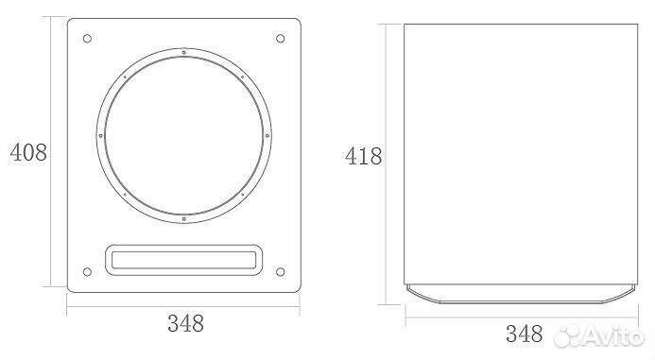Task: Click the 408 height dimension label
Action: pos(28,152)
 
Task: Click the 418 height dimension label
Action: pos(364,157)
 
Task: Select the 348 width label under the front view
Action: pos(186,323)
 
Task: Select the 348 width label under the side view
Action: pos(525,334)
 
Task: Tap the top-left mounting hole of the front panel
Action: pos(87,39)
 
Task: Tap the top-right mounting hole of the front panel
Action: pos(281,39)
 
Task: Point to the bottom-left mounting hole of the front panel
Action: pos(87,272)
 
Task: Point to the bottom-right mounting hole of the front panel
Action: pos(281,272)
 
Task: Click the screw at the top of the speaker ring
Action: pos(183,52)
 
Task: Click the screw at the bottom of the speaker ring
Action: pos(183,219)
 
